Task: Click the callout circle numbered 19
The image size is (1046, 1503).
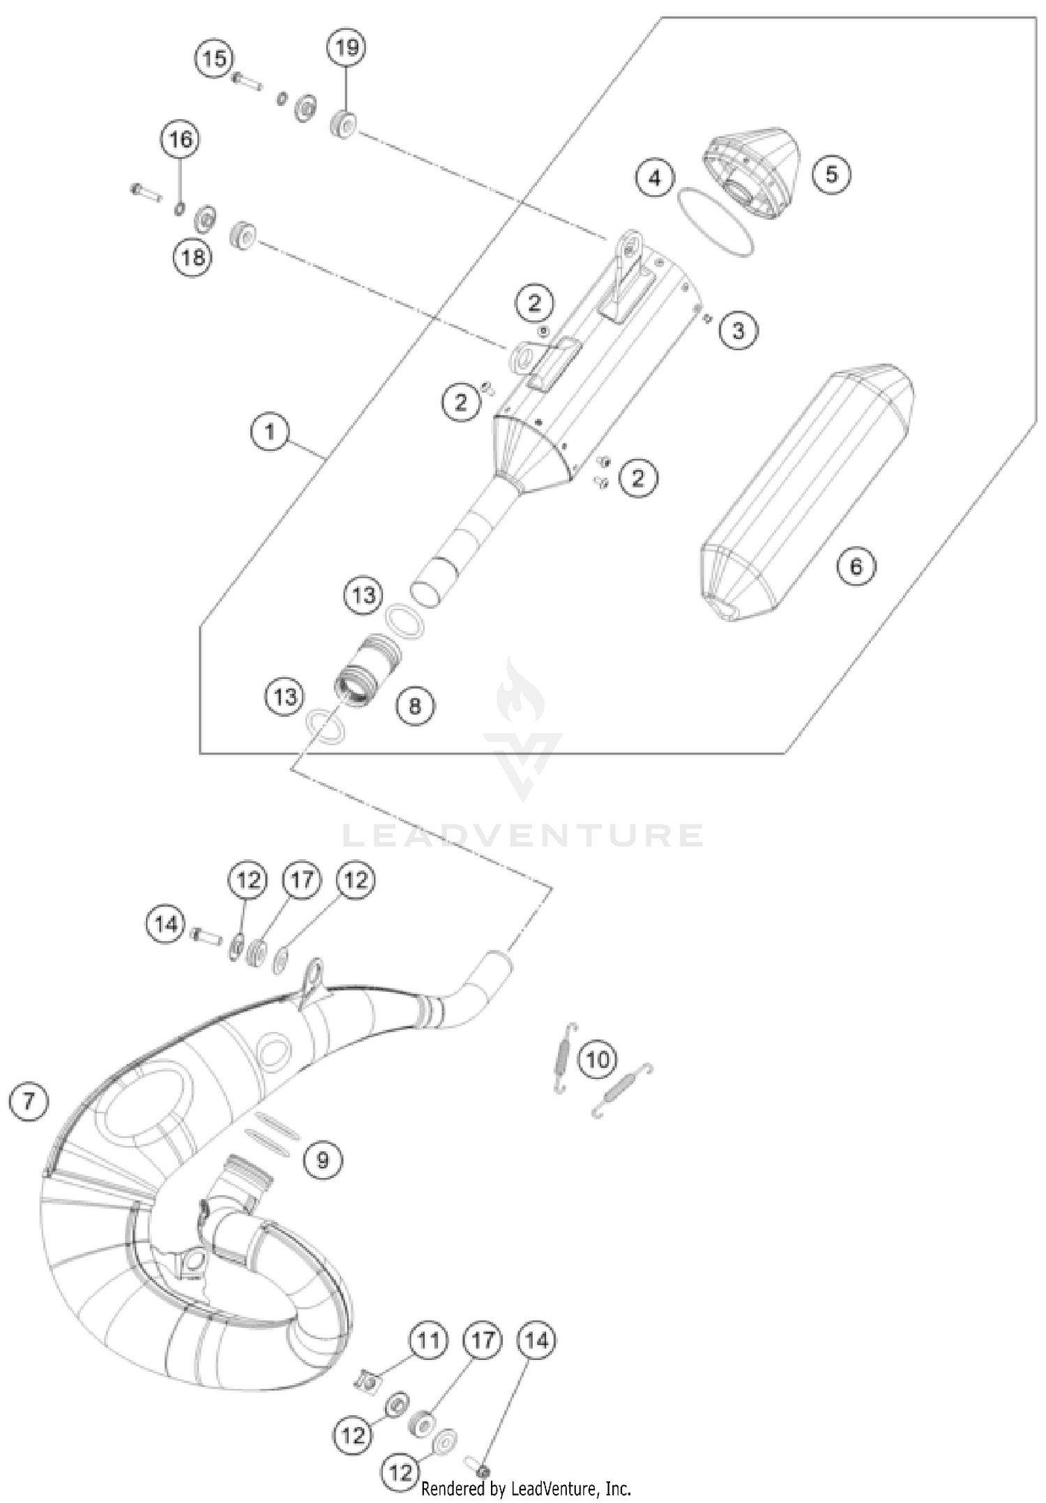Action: (x=347, y=48)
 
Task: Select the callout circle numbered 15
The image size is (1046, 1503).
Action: (x=215, y=59)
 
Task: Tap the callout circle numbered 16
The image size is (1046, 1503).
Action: (x=181, y=140)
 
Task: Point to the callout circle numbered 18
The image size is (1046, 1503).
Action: (x=193, y=257)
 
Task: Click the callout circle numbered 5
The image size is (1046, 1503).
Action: (x=831, y=173)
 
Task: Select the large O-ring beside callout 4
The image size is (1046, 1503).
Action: (x=715, y=222)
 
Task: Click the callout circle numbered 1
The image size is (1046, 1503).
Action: (x=270, y=432)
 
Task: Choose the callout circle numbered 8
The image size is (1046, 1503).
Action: (x=415, y=707)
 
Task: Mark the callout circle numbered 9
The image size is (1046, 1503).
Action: (x=322, y=1160)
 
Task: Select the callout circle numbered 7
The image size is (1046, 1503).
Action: (x=28, y=1102)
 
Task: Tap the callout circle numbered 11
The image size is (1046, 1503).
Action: (x=428, y=1340)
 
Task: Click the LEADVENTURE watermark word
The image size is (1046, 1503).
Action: (x=522, y=835)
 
